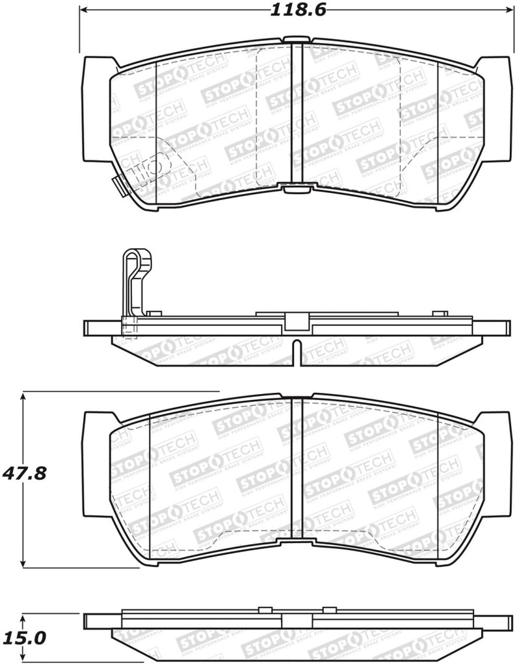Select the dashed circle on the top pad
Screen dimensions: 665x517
pyautogui.click(x=153, y=168)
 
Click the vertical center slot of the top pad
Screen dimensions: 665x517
pyautogui.click(x=297, y=114)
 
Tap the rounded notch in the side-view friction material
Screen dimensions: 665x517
pyautogui.click(x=297, y=351)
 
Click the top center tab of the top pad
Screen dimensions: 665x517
pyautogui.click(x=297, y=39)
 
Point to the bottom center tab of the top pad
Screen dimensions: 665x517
pyautogui.click(x=297, y=188)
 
